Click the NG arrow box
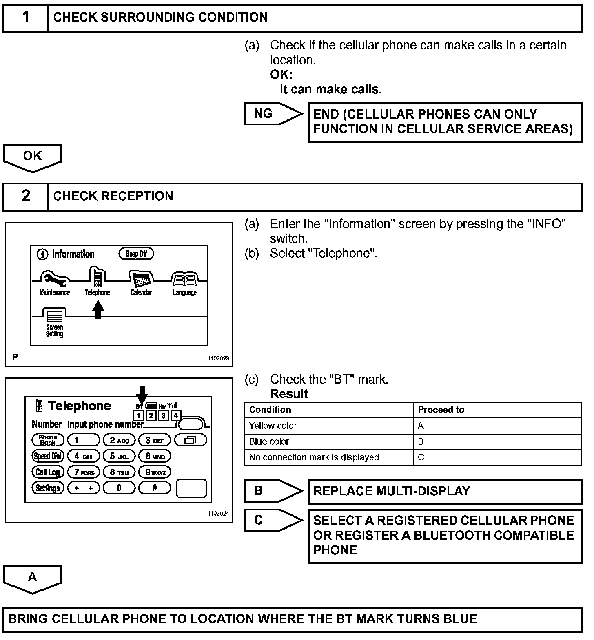pos(271,114)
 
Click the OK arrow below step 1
pos(33,157)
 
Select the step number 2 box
pos(26,196)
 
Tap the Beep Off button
pos(136,254)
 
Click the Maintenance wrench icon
pos(54,279)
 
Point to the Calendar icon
pos(141,280)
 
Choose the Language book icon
pos(184,280)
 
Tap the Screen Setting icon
pos(54,316)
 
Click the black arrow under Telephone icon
pos(98,309)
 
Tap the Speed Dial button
pos(48,456)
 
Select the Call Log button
pos(48,472)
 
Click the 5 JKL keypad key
pos(119,457)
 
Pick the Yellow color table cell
pos(328,426)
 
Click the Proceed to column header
pos(497,410)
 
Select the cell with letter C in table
pos(497,457)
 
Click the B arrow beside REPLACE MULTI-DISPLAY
pos(271,491)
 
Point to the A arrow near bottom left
pos(33,578)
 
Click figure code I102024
pos(219,514)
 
